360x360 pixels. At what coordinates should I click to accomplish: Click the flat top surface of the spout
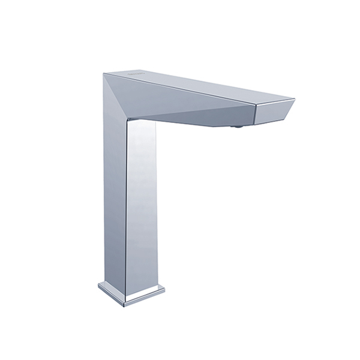point(192,87)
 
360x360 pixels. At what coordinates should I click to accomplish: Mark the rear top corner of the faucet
point(104,74)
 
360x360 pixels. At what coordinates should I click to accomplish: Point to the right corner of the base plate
point(164,290)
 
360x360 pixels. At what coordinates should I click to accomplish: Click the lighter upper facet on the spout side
point(180,99)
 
